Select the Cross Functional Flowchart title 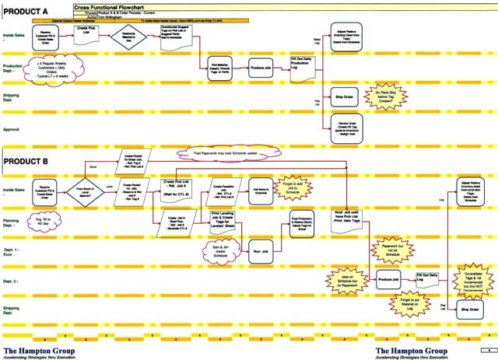[108, 5]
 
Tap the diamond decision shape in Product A [128, 35]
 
